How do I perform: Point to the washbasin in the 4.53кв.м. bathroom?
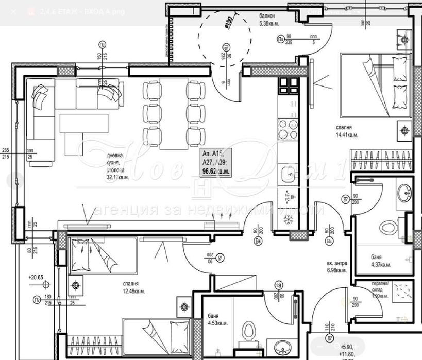[282, 346]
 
